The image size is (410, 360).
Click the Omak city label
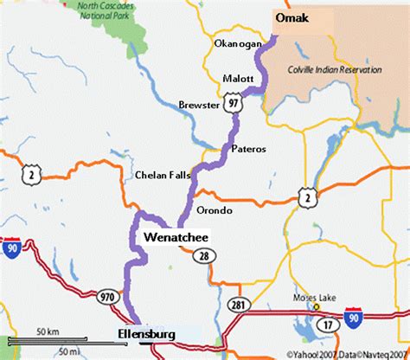click(x=292, y=17)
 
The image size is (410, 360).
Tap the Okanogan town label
click(x=236, y=43)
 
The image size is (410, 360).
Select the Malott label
click(x=237, y=77)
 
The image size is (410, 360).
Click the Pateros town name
click(x=247, y=149)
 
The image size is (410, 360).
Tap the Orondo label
click(x=215, y=209)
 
